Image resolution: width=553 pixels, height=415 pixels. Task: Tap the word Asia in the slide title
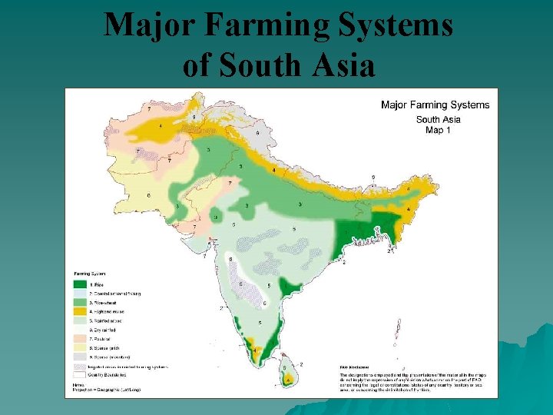click(x=340, y=66)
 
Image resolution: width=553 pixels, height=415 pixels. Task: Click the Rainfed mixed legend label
click(x=112, y=320)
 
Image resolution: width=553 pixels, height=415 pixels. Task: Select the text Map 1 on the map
click(x=438, y=130)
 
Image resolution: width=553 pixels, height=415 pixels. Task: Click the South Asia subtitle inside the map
click(x=438, y=119)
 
